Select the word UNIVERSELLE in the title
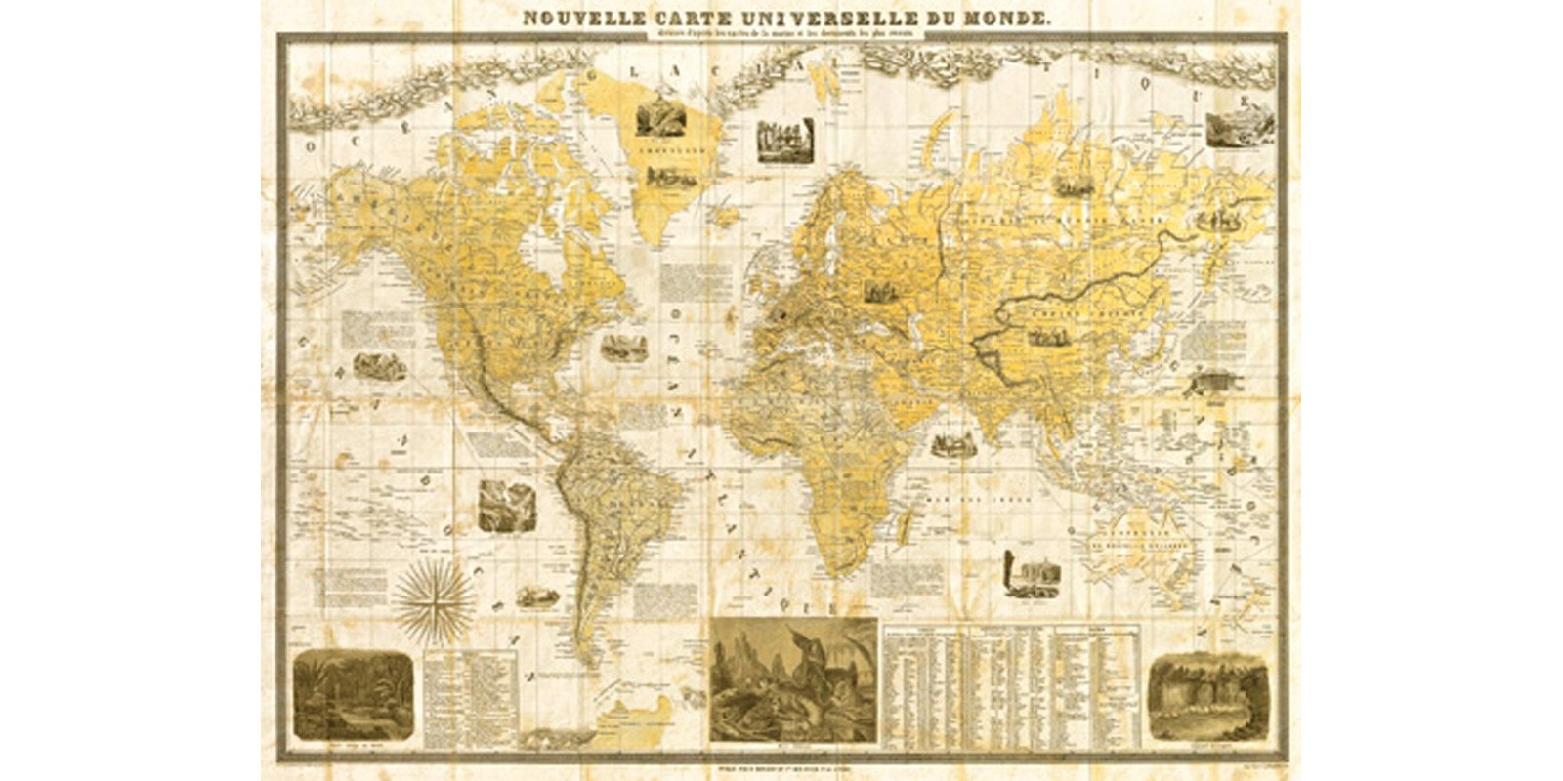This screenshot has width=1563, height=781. (806, 17)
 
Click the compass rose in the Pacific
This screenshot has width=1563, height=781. (433, 597)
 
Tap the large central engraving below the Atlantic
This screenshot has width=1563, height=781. (793, 680)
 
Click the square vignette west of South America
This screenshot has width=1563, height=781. (507, 506)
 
